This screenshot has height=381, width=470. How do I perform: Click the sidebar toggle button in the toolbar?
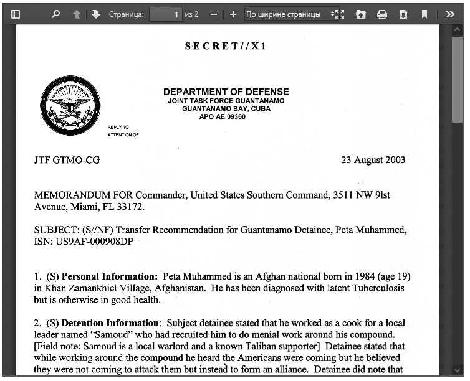point(16,14)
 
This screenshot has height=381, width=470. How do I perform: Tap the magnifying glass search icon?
point(55,14)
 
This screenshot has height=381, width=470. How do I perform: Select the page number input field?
point(165,14)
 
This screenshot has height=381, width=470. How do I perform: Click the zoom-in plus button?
point(233,14)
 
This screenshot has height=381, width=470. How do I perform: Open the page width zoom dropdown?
point(288,14)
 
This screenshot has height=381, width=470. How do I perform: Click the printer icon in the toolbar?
point(382,14)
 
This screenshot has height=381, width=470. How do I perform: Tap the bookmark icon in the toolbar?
point(424,14)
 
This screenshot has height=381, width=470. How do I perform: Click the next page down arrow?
point(95,14)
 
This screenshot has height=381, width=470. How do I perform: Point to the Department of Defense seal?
point(70,106)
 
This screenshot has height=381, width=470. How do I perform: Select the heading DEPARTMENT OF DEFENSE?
point(226,92)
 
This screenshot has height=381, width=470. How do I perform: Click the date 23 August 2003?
point(373,160)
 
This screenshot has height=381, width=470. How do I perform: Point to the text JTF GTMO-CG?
point(67,160)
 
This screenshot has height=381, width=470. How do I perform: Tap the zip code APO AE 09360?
point(222,116)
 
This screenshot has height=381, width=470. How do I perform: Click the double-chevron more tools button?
point(449,14)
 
